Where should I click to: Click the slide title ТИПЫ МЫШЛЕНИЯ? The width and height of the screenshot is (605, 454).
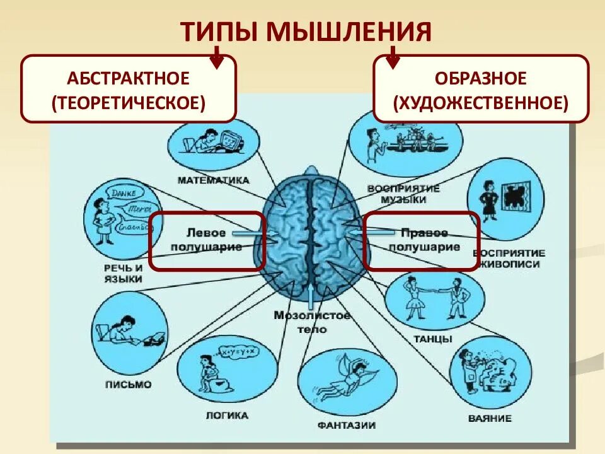point(306,32)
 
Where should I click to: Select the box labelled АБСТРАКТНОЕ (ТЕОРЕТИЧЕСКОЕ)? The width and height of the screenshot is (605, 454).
point(129,88)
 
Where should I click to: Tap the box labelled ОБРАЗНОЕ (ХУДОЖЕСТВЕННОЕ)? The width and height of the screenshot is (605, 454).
point(481,88)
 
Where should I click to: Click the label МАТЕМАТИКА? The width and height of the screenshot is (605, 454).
point(213,180)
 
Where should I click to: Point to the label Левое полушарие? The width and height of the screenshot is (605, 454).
point(206,240)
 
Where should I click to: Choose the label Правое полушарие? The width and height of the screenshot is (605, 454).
point(423,240)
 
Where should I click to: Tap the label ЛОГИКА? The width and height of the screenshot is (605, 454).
point(227,416)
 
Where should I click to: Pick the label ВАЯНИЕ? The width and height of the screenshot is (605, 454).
point(490,418)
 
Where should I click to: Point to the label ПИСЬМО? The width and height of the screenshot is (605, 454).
point(128,384)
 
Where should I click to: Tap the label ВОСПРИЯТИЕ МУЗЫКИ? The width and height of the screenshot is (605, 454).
point(403,194)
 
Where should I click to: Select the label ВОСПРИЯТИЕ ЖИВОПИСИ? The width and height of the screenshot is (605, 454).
point(509,259)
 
